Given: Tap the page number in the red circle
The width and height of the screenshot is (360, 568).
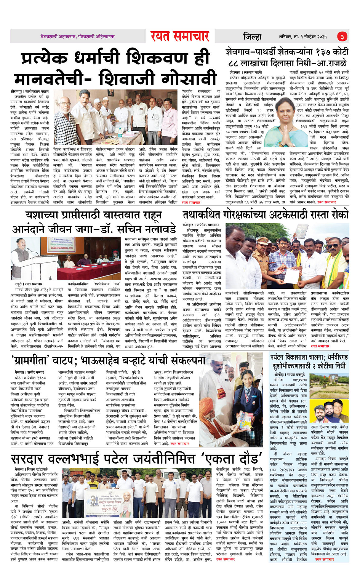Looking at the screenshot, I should tap(342, 37).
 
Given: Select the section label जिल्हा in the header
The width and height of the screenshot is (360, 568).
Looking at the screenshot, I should tap(252, 37).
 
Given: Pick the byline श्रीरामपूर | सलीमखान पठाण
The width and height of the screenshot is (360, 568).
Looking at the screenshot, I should tap(30, 92).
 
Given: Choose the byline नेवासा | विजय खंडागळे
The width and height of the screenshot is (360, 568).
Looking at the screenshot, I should tap(31, 469).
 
